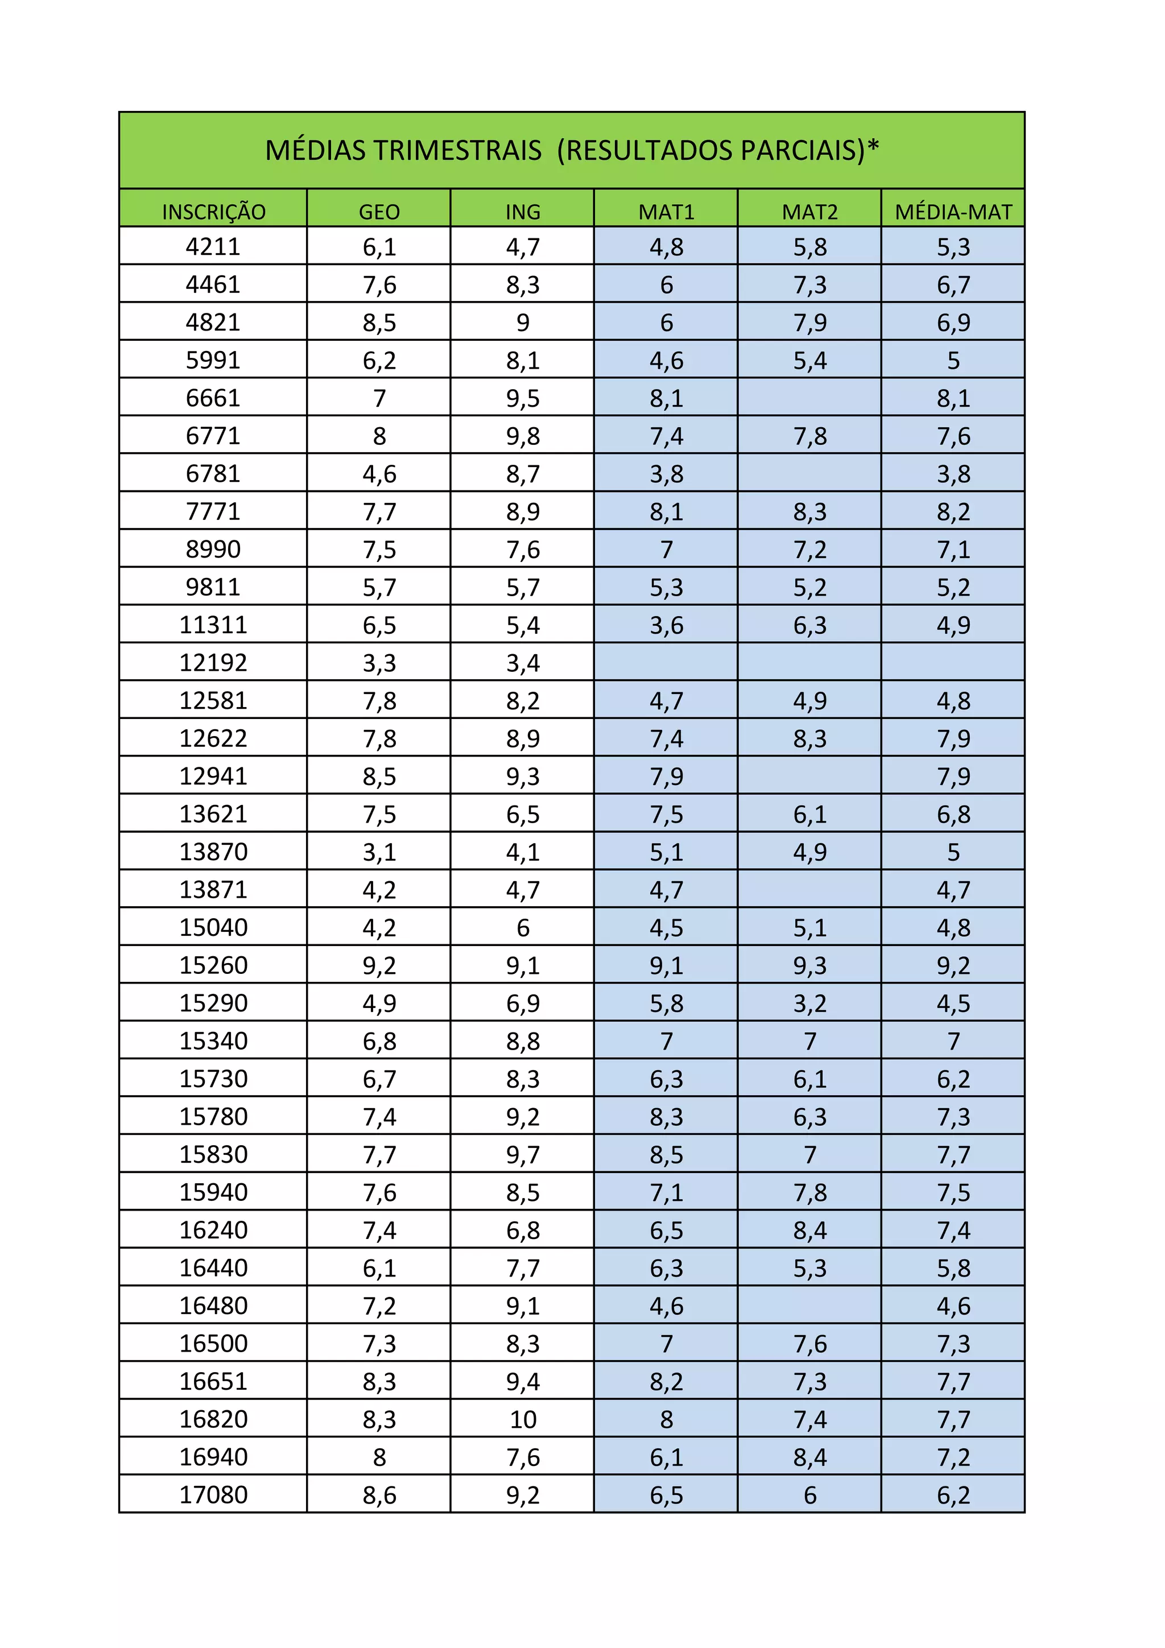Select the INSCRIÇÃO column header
click(x=213, y=212)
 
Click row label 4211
click(x=213, y=247)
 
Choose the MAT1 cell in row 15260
click(x=666, y=965)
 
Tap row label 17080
click(x=213, y=1494)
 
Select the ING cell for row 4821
click(x=523, y=323)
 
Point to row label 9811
click(x=213, y=587)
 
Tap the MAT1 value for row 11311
click(x=666, y=625)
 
